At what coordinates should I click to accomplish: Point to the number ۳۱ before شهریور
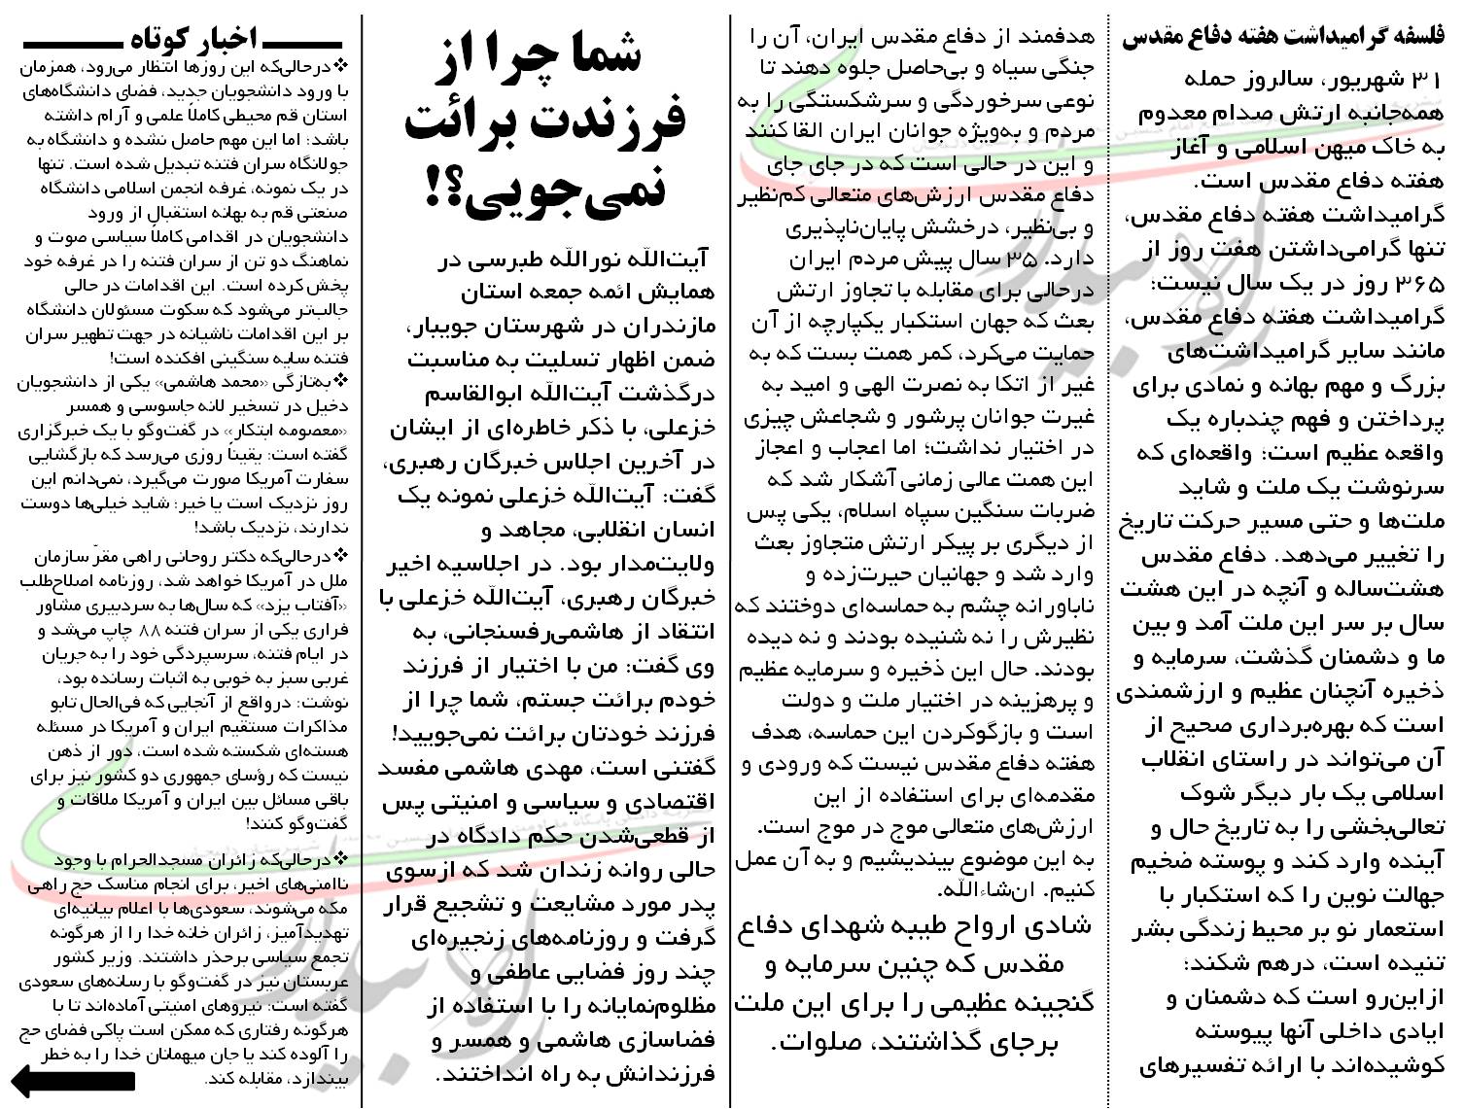click(1427, 79)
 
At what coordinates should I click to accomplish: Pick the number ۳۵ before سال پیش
click(1025, 260)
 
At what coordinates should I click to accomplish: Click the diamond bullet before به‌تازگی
click(339, 380)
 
